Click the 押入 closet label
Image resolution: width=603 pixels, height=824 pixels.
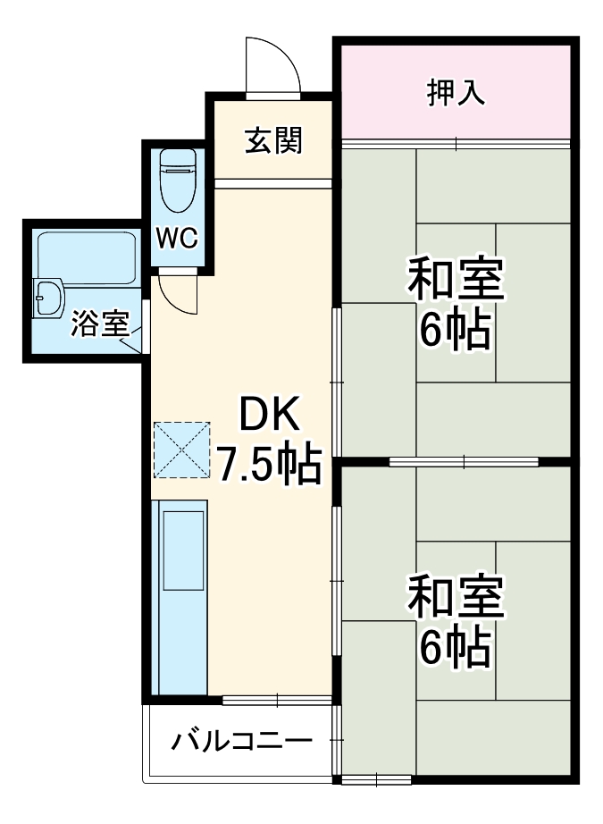coord(456,93)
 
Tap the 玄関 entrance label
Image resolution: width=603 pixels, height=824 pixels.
coord(274,140)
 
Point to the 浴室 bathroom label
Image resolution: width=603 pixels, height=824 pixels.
coord(100,324)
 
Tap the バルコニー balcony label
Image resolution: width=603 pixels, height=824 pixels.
coord(242,740)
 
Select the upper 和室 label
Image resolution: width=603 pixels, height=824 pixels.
coord(456,280)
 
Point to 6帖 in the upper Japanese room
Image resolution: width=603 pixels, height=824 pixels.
coord(456,332)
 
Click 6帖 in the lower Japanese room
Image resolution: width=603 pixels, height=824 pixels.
coord(456,650)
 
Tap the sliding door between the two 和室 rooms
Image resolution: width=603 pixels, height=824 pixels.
coord(464,461)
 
